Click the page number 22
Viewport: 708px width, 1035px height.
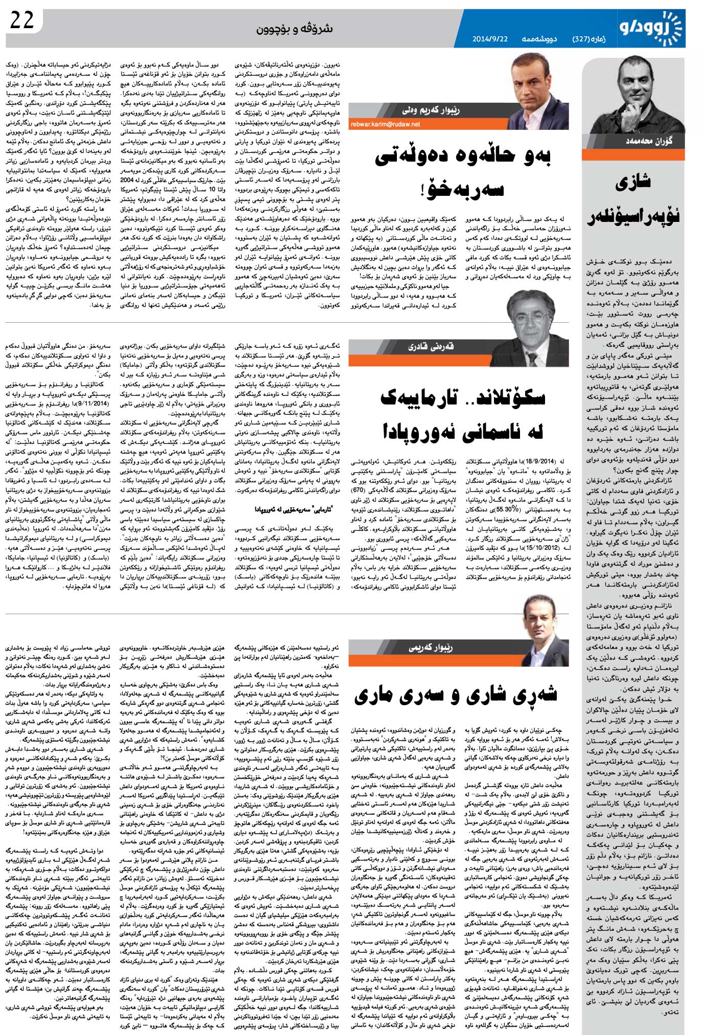click(22, 21)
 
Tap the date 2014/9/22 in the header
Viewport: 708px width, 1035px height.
click(490, 39)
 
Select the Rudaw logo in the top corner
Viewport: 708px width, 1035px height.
click(651, 28)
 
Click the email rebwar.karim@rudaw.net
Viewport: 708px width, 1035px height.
click(385, 124)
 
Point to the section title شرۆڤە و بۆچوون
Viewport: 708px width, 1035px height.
click(294, 29)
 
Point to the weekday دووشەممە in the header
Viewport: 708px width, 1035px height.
click(539, 39)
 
